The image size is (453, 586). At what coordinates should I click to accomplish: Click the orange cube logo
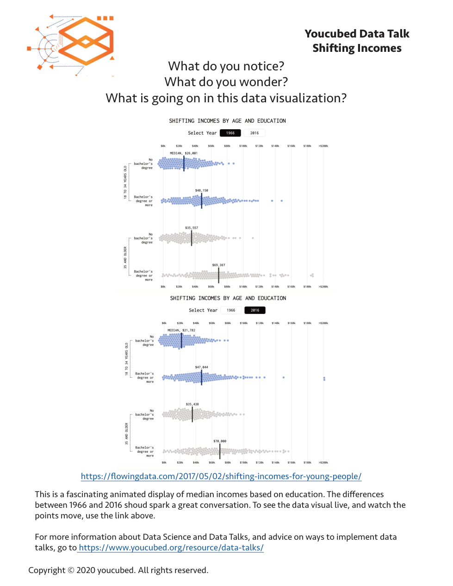(86, 41)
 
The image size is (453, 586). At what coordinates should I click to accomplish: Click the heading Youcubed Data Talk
(357, 34)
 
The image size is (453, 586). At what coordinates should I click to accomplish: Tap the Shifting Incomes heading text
(357, 48)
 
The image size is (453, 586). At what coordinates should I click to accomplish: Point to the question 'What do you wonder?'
(226, 82)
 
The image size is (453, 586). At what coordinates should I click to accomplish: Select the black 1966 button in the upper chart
(230, 133)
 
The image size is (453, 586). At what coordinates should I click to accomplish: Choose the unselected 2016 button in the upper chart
(254, 133)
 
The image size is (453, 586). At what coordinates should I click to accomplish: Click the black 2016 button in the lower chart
(255, 310)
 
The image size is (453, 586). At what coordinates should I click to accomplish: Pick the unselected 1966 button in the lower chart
(231, 310)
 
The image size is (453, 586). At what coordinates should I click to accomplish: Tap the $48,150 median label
(202, 190)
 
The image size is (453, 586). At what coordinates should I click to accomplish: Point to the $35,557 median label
(192, 228)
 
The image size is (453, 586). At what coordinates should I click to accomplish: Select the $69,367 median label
(219, 265)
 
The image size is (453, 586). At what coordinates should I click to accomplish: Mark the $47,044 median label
(202, 367)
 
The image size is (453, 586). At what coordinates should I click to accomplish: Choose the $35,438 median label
(192, 404)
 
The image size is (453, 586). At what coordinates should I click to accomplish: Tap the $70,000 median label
(220, 441)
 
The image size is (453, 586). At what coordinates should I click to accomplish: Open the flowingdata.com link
(221, 476)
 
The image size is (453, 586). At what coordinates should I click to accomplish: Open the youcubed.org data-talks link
(171, 548)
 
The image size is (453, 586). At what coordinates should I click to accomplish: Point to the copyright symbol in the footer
(71, 570)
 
